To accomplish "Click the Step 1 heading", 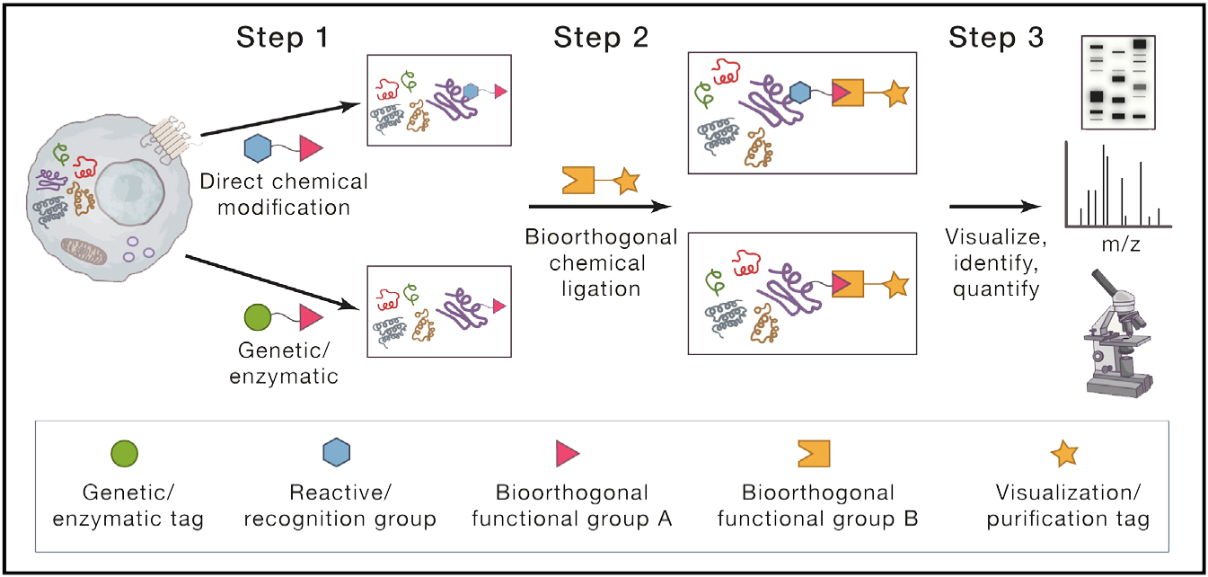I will tap(282, 39).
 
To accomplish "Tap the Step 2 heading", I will tap(600, 39).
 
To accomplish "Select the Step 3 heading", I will tap(996, 39).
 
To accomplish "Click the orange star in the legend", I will tap(1064, 455).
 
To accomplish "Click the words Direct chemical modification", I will tap(284, 194).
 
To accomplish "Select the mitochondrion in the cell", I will tap(83, 253).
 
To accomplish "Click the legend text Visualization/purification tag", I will tap(1072, 506).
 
